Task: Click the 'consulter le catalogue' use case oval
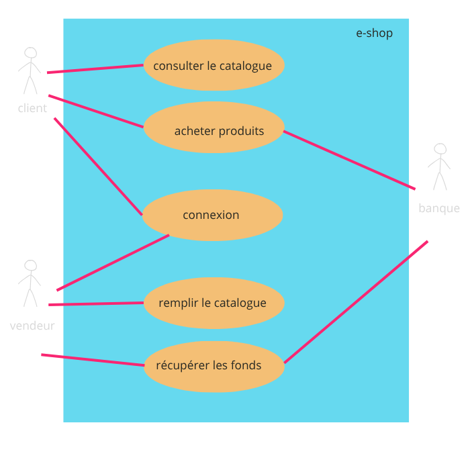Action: tap(214, 65)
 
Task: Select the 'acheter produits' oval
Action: tap(214, 128)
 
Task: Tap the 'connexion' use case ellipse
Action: tap(212, 215)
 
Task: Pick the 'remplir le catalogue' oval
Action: tap(214, 303)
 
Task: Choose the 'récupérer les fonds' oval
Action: tap(214, 366)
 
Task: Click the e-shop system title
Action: tap(374, 34)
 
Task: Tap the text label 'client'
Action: tap(32, 108)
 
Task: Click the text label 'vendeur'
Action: tap(32, 326)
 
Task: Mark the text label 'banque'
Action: tap(439, 208)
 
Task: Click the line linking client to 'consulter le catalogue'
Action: tap(95, 68)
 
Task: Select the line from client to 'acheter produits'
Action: tap(95, 111)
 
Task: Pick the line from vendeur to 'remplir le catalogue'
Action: tap(96, 303)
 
